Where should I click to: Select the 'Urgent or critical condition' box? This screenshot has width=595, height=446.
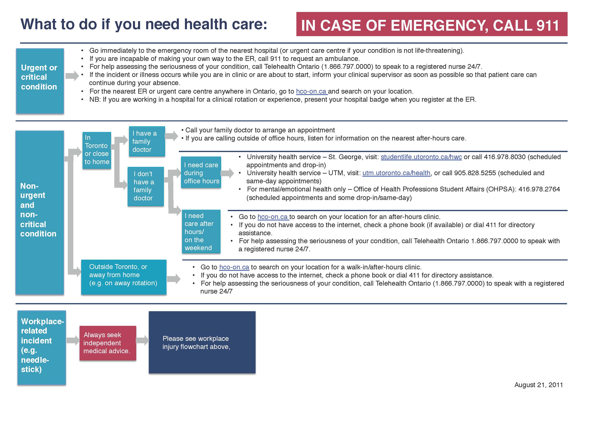40,81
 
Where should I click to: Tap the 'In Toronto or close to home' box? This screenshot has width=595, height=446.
97,150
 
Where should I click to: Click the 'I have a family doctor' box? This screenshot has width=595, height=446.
147,141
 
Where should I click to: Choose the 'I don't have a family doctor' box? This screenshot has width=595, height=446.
146,186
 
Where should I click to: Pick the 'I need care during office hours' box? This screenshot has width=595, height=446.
201,172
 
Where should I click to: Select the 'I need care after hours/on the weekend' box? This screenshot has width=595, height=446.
201,231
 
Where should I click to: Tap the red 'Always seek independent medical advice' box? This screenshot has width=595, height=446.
108,343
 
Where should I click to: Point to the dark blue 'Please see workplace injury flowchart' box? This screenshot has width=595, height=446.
202,342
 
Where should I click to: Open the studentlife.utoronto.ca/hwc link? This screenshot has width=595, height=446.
421,157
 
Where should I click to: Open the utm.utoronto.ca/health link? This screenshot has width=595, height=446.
396,173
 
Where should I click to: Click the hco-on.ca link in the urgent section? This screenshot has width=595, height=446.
311,92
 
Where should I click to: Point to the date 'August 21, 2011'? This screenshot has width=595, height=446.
538,385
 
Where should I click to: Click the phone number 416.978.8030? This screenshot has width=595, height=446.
504,157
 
